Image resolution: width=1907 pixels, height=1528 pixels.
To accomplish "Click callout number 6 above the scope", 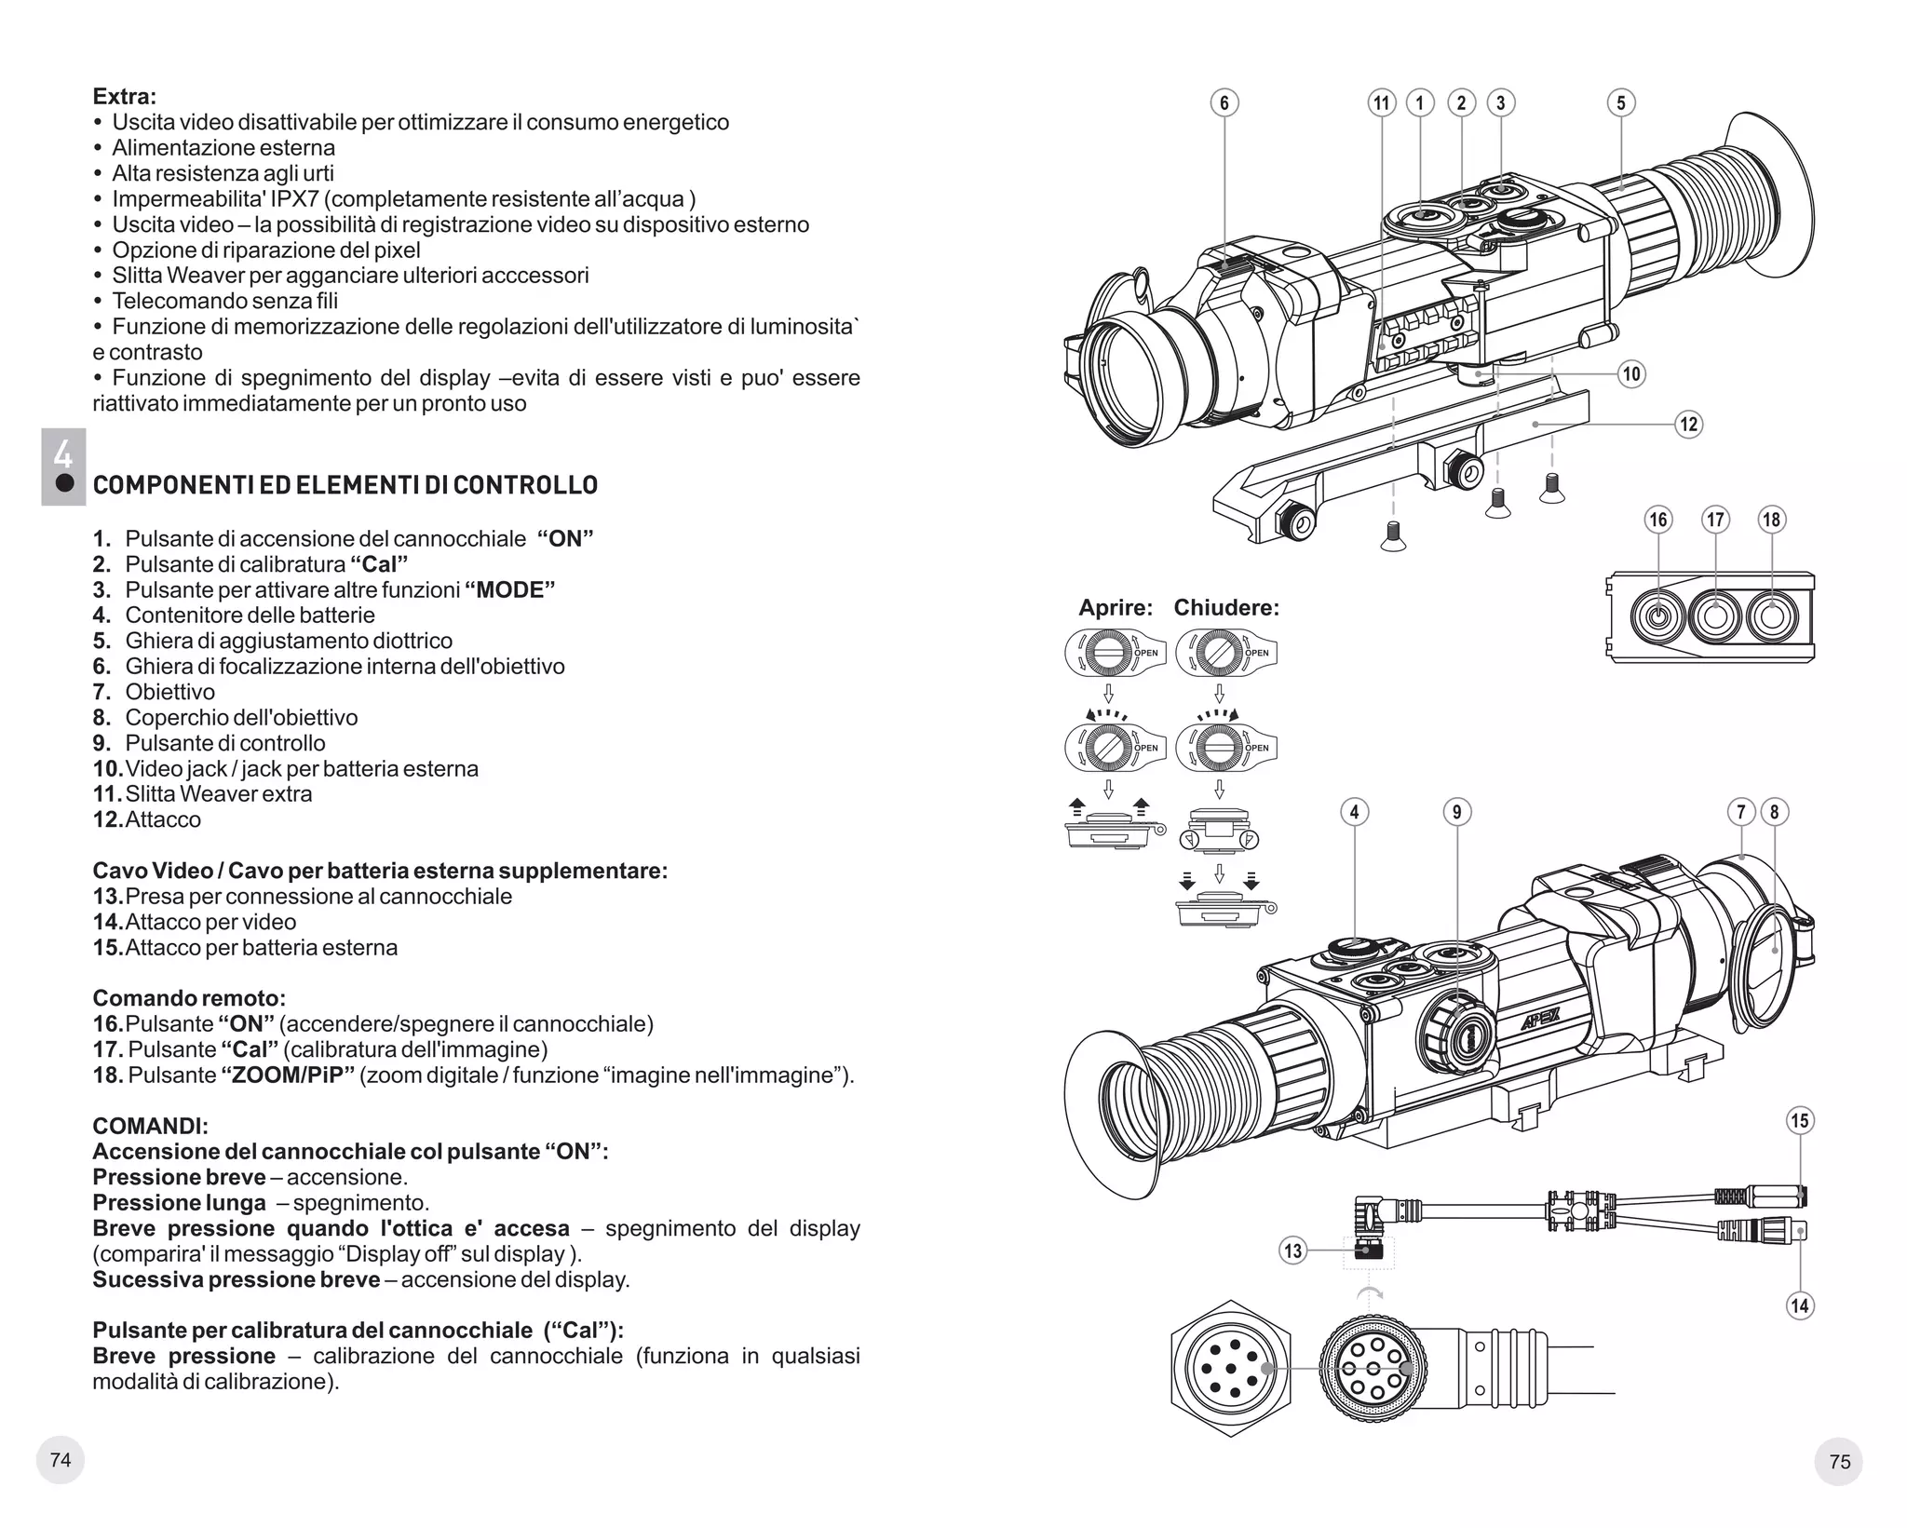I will [x=1224, y=103].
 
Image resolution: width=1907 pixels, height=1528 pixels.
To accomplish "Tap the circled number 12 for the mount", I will [x=1688, y=425].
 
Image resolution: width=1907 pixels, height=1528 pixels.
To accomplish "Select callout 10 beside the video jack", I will [x=1631, y=374].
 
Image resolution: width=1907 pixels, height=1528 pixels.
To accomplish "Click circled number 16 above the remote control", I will [x=1658, y=520].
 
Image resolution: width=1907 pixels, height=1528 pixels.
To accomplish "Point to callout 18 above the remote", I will [x=1771, y=520].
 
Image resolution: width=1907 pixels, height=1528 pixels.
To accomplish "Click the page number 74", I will [x=61, y=1460].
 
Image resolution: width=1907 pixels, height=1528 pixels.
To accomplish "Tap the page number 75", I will [x=1839, y=1462].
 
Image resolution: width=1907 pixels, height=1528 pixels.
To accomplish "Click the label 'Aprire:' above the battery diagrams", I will [x=1116, y=608].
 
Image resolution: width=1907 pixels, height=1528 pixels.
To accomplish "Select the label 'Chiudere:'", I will [x=1226, y=608].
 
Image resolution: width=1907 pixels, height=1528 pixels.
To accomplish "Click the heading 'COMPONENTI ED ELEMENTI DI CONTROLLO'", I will [x=345, y=485].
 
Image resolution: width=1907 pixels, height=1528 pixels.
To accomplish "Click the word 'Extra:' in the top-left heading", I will [x=125, y=97].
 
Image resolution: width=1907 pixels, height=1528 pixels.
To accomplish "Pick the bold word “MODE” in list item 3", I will [x=509, y=590].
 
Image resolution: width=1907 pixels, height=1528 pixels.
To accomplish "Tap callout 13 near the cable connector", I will [x=1293, y=1251].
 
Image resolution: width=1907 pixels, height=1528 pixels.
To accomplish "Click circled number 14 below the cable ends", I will [x=1799, y=1305].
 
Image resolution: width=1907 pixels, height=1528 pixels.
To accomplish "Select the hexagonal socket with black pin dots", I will [x=1231, y=1368].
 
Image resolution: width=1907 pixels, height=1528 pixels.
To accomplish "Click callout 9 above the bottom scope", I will [x=1457, y=812].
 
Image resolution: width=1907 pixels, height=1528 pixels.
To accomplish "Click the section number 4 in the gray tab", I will [x=62, y=453].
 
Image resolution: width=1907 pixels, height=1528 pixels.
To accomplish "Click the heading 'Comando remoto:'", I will [x=189, y=999].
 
